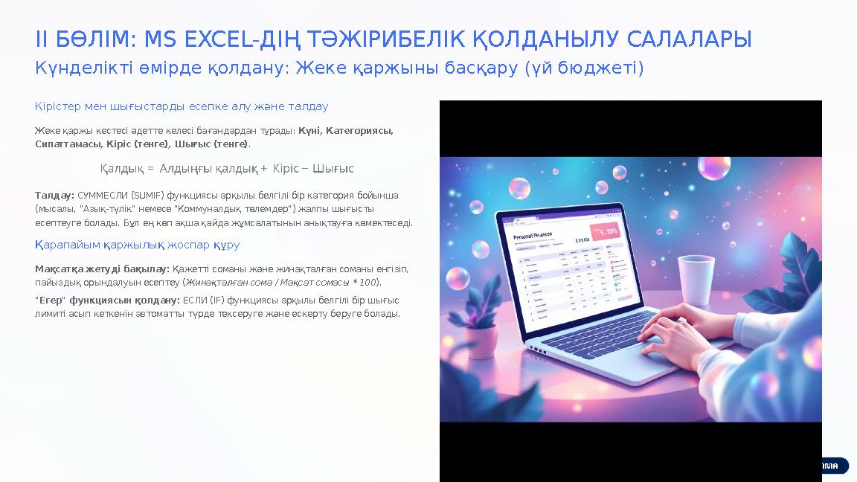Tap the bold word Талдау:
pyautogui.click(x=54, y=196)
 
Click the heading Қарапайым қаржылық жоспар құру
pyautogui.click(x=138, y=245)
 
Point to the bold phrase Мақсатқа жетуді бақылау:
pyautogui.click(x=102, y=269)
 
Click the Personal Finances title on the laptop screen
pyautogui.click(x=534, y=237)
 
